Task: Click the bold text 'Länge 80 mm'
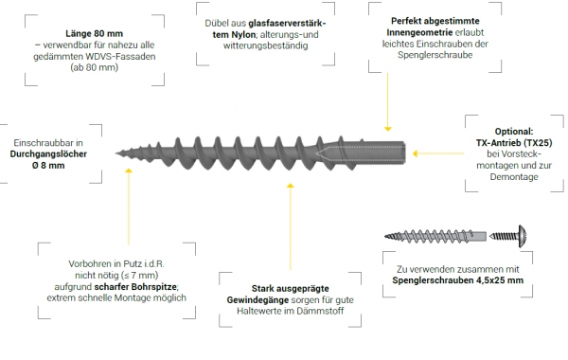(x=94, y=34)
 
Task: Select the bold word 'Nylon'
(x=243, y=35)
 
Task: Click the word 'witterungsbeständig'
(x=265, y=46)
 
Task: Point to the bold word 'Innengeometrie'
(x=419, y=32)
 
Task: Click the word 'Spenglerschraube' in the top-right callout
(x=435, y=55)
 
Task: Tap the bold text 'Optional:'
(x=514, y=132)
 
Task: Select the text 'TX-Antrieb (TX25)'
(x=514, y=143)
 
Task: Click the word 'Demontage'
(x=514, y=177)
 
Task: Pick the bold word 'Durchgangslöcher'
(x=48, y=154)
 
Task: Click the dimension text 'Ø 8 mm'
(x=48, y=166)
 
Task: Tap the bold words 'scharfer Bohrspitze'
(x=135, y=287)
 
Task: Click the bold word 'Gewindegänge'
(x=257, y=300)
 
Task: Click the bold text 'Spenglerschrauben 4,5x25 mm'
(x=458, y=280)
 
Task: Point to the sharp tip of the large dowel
(x=116, y=153)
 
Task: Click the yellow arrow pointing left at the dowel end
(x=438, y=153)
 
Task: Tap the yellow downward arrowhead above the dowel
(x=387, y=129)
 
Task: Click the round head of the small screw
(x=523, y=237)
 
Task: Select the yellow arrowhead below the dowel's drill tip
(x=128, y=171)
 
